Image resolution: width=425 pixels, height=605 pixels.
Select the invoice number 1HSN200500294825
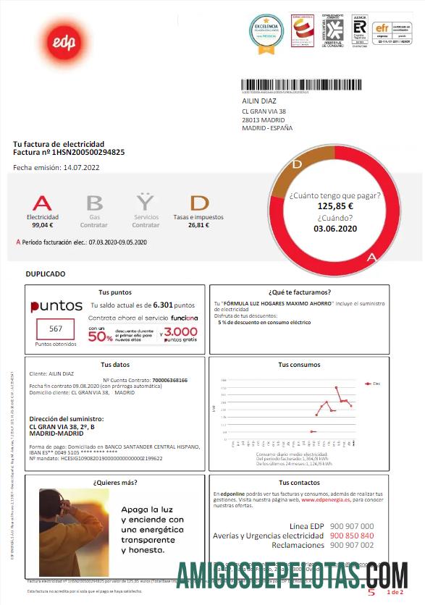89,152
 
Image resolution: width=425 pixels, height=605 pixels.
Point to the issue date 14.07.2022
81,168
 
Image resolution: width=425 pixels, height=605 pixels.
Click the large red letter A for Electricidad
43,203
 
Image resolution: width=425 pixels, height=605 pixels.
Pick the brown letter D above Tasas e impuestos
199,203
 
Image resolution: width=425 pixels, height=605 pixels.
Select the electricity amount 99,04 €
43,225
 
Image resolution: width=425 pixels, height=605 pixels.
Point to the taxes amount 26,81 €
198,225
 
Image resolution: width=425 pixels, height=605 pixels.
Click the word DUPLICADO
46,274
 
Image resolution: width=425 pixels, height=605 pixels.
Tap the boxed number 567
56,328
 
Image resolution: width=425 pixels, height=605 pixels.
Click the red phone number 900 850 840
351,536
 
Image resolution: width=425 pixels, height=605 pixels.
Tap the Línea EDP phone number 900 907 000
351,525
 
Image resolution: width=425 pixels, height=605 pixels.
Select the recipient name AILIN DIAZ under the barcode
259,101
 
